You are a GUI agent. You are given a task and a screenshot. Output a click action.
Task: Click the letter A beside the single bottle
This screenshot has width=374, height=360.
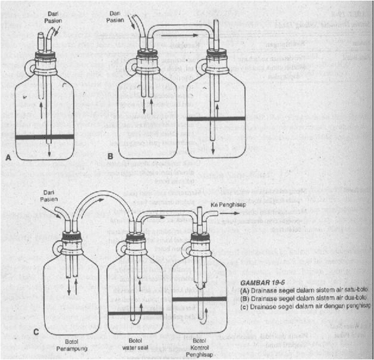tap(8, 158)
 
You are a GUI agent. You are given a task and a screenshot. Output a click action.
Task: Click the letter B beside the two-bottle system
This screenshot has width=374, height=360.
tap(110, 156)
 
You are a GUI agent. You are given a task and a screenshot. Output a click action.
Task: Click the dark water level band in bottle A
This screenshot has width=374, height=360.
tap(45, 137)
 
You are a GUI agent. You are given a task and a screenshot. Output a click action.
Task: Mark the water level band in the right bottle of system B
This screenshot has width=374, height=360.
tap(217, 118)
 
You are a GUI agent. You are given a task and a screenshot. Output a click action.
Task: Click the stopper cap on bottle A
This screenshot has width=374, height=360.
tap(44, 59)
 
